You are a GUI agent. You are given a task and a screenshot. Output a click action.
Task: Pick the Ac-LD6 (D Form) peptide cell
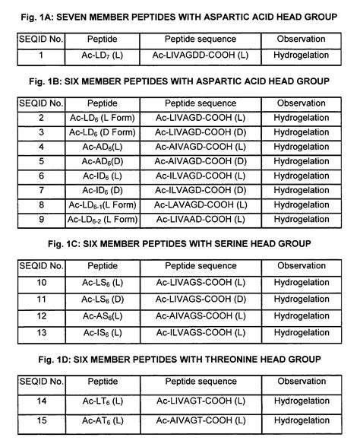pos(99,132)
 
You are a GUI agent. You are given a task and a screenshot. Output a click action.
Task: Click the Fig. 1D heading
pos(180,358)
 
